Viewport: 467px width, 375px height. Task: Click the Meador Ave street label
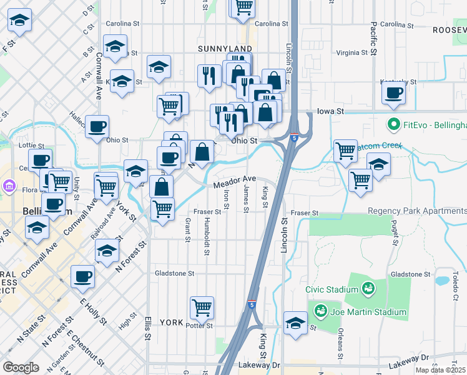click(235, 182)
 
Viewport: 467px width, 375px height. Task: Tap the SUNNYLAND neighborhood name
click(225, 49)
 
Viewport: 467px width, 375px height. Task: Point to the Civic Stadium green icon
click(368, 289)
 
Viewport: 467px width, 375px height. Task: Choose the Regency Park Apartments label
click(416, 211)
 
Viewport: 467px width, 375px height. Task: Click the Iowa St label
click(330, 111)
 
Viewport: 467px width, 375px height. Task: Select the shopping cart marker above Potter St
click(202, 307)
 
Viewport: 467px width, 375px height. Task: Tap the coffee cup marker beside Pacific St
click(394, 94)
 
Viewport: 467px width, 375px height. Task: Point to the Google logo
click(21, 367)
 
